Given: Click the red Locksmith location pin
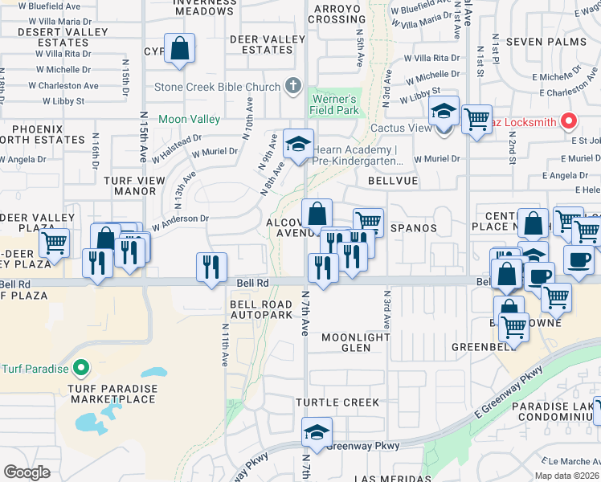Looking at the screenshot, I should coord(570,122).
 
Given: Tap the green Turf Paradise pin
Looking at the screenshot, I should coord(80,369).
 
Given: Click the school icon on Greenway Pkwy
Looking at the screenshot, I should coord(317,432).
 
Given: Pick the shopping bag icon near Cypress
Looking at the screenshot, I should coord(180,48).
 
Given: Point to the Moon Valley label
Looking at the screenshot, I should coord(189,119).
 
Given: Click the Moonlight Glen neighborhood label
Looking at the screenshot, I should coord(355,342).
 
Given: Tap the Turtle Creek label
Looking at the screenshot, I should coord(337,402).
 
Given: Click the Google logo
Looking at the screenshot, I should coord(27,472).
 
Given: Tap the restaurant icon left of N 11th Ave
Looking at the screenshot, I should coord(211,267).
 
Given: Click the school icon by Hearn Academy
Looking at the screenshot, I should coord(298,145).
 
